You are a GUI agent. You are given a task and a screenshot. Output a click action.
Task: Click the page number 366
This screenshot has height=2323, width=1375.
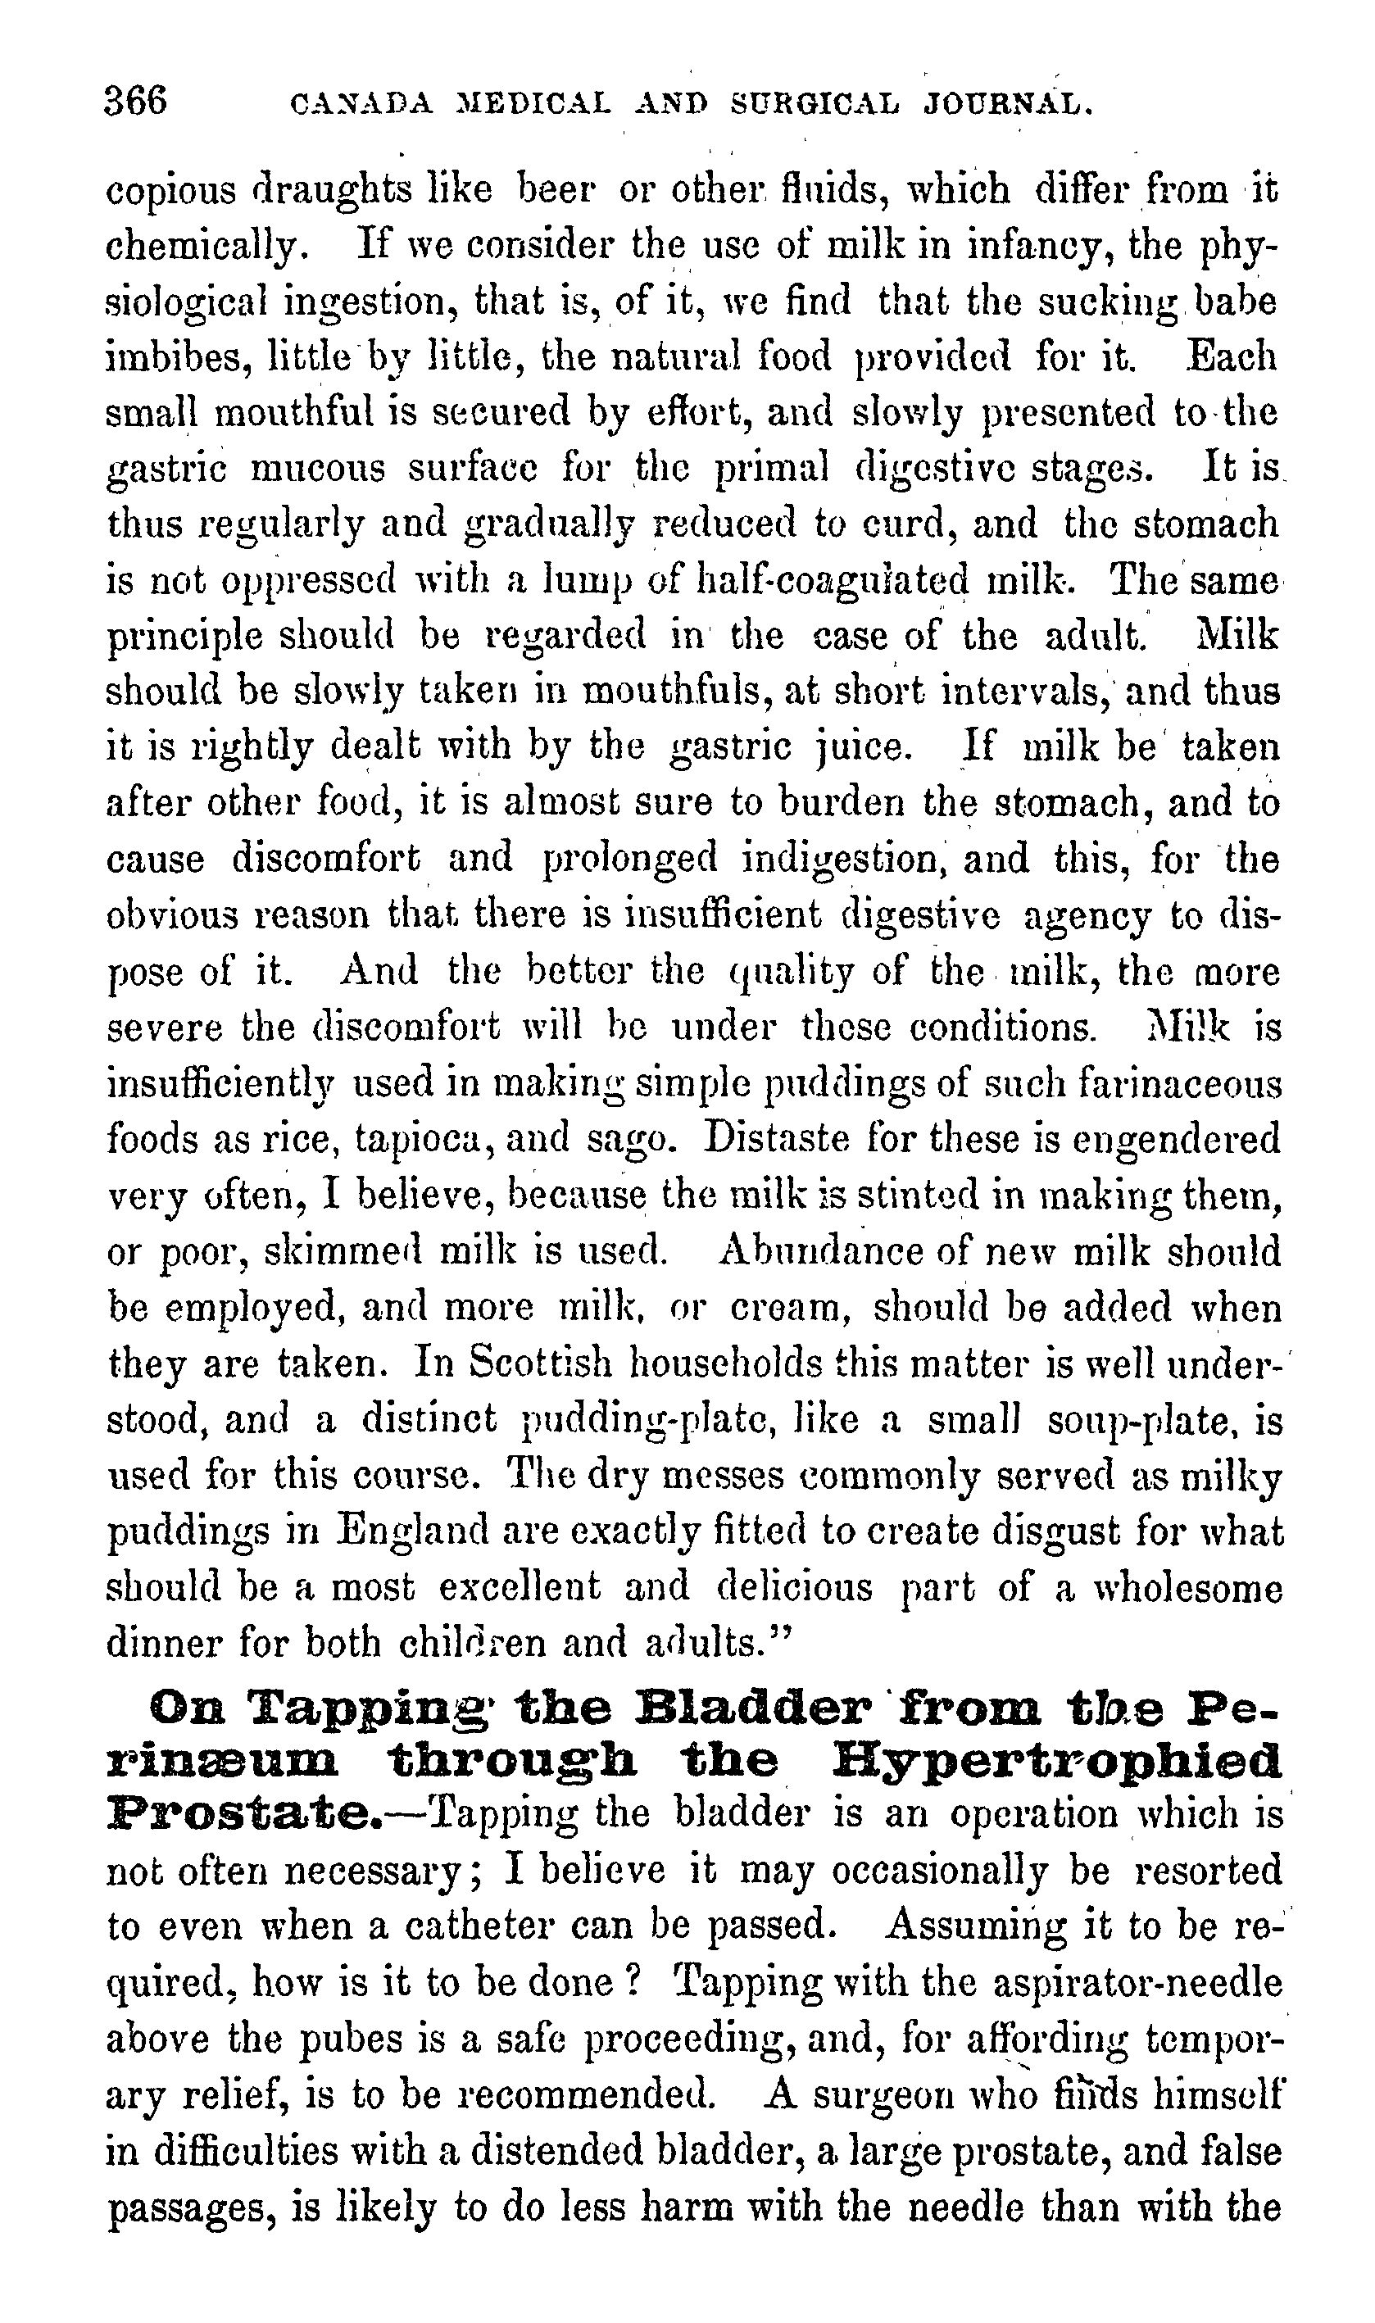tap(136, 100)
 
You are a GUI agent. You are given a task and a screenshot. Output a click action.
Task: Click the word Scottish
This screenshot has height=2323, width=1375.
tap(539, 1363)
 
